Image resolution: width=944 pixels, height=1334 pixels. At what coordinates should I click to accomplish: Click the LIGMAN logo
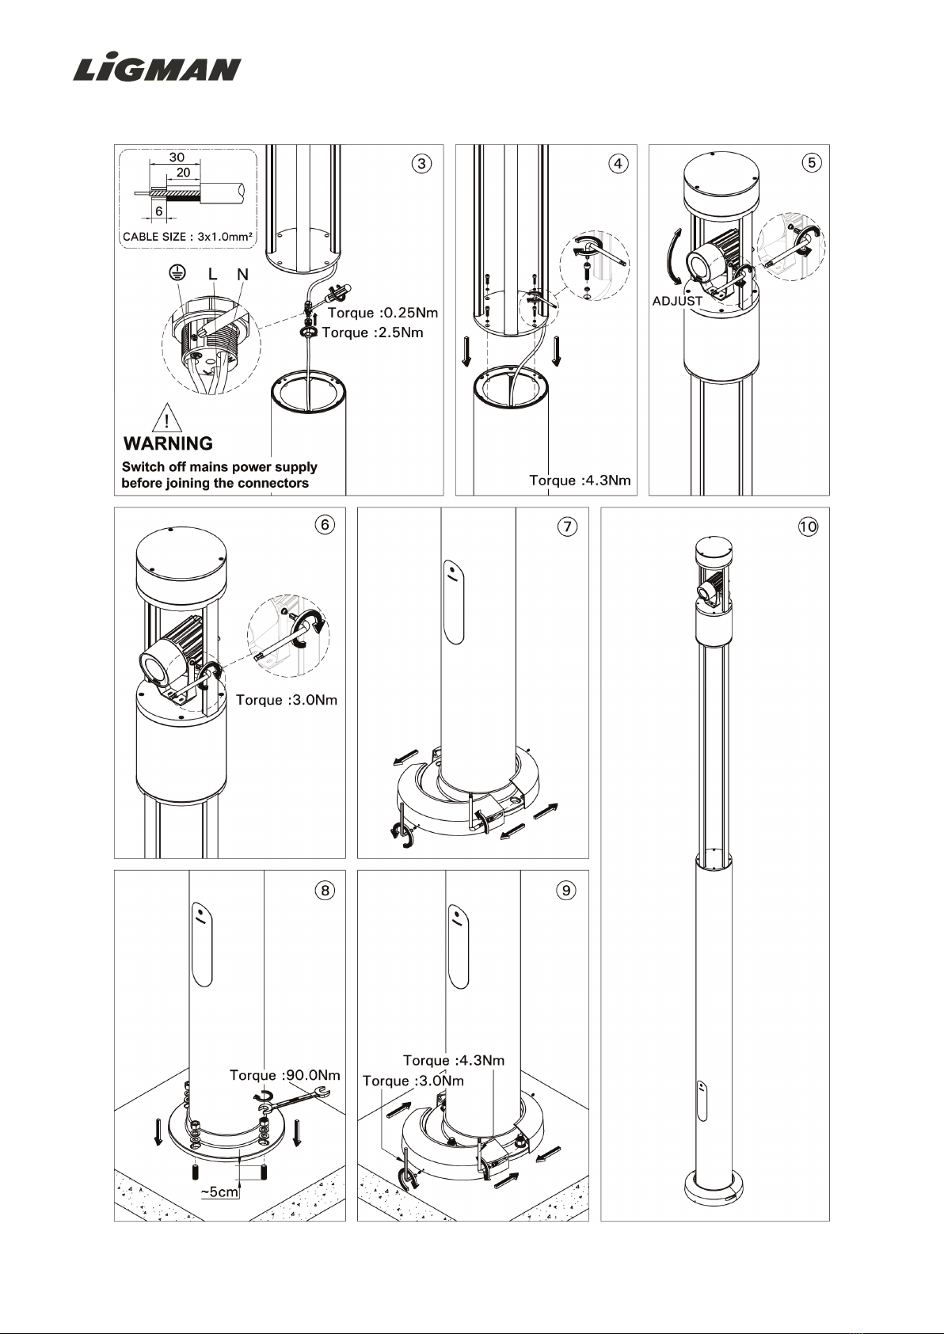click(x=157, y=69)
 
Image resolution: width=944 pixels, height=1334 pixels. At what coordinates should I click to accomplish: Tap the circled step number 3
click(x=421, y=164)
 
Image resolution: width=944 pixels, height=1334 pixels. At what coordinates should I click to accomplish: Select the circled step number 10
click(x=809, y=526)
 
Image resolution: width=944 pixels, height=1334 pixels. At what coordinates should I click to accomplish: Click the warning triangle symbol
click(x=167, y=417)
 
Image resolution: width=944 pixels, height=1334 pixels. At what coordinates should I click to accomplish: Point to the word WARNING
click(x=168, y=443)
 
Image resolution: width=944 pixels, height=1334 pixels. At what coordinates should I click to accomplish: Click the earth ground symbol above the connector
click(x=177, y=273)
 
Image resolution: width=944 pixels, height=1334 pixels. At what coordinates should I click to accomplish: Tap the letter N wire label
click(x=242, y=274)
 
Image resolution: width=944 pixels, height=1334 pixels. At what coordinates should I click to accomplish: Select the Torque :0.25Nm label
click(x=383, y=313)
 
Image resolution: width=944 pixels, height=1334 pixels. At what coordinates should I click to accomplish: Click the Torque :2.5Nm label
click(x=373, y=333)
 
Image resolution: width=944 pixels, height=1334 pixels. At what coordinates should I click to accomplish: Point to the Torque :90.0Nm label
click(x=284, y=1075)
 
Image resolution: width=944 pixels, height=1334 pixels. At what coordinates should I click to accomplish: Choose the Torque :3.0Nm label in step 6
click(x=287, y=700)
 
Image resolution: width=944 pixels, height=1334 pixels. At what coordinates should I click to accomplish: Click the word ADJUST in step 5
click(x=677, y=301)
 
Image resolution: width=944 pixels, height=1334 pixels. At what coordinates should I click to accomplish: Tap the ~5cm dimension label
click(x=219, y=1191)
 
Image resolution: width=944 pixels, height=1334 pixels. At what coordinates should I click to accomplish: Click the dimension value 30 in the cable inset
click(x=177, y=158)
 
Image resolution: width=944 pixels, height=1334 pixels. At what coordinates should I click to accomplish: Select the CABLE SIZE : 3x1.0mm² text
click(x=188, y=237)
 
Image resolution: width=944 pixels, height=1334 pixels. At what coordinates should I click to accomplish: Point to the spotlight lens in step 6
click(x=154, y=667)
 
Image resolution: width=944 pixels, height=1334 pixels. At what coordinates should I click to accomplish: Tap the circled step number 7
click(x=567, y=526)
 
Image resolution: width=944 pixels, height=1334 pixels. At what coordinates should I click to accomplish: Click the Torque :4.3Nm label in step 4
click(x=580, y=480)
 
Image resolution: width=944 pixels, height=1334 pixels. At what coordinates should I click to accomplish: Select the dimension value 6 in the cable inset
click(x=159, y=211)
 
